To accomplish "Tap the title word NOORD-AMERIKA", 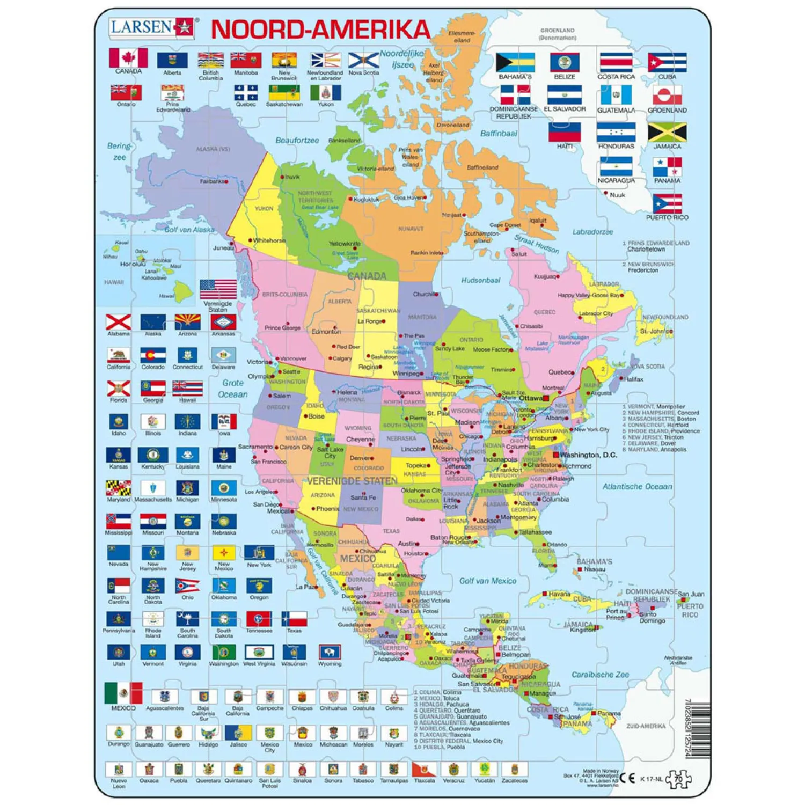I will click(320, 30).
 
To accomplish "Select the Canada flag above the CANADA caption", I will click(128, 57).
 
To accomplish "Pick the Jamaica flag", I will click(667, 132).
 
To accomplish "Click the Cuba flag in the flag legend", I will click(667, 62).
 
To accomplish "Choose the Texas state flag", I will click(294, 618).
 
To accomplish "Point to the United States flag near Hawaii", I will click(218, 289).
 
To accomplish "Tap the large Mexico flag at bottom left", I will click(123, 693).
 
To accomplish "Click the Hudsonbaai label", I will click(480, 280).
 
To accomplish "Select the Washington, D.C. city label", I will click(588, 455).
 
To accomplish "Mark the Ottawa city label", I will click(531, 398).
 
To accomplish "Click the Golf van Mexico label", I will click(487, 581).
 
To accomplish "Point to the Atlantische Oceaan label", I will click(637, 486).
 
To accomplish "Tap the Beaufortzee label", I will click(297, 141).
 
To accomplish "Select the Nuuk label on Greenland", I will click(617, 195).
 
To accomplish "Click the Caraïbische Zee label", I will click(599, 675).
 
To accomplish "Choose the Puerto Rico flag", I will click(667, 204).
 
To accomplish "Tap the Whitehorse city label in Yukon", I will click(269, 240).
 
